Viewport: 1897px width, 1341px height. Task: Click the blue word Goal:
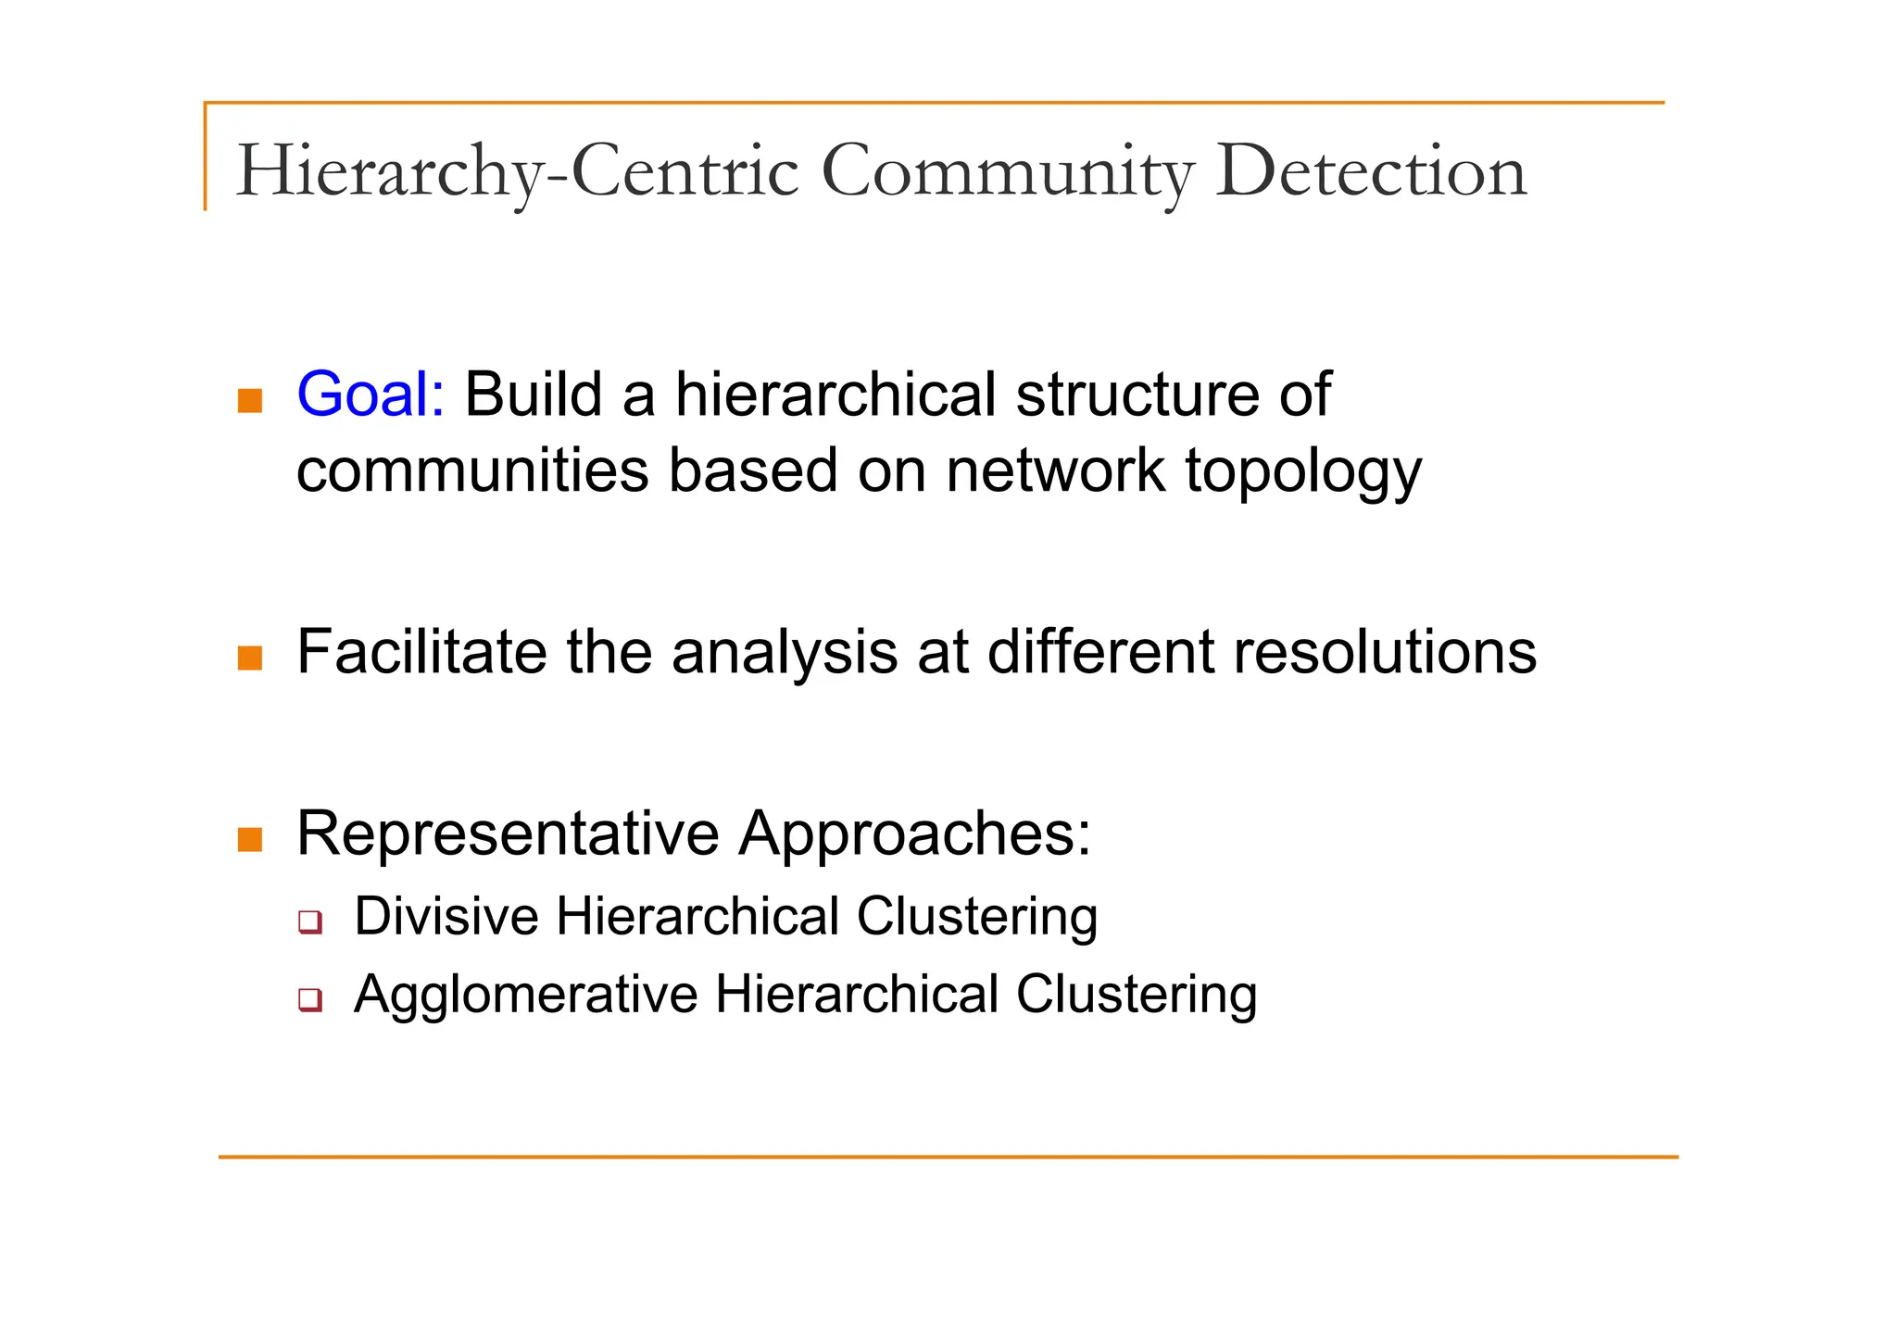pos(371,395)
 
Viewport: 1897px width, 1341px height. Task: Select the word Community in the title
pos(1008,171)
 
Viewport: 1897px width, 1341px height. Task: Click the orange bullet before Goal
pos(250,401)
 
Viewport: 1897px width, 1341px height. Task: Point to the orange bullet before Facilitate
pos(250,658)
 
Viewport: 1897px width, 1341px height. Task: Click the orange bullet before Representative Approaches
pos(250,840)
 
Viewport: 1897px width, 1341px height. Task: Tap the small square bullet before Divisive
pos(310,922)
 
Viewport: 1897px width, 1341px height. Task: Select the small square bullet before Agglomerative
pos(310,1000)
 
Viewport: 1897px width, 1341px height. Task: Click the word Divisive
pos(446,917)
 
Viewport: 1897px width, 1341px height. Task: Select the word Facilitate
pos(421,652)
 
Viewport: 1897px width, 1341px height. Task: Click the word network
pos(1055,470)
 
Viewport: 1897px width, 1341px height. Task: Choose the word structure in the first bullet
pos(1137,395)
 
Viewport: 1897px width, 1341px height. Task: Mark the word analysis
pos(785,654)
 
